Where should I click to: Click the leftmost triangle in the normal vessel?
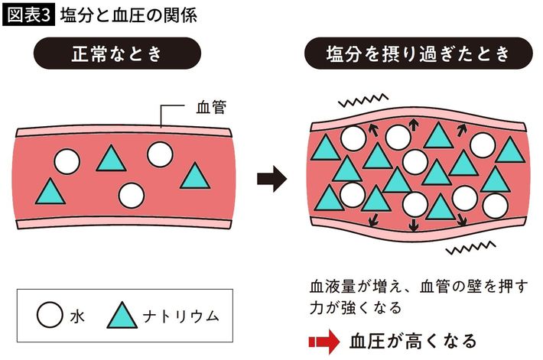tap(50, 192)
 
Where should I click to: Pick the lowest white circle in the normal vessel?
tap(132, 196)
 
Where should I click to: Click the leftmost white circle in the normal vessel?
tap(67, 161)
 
